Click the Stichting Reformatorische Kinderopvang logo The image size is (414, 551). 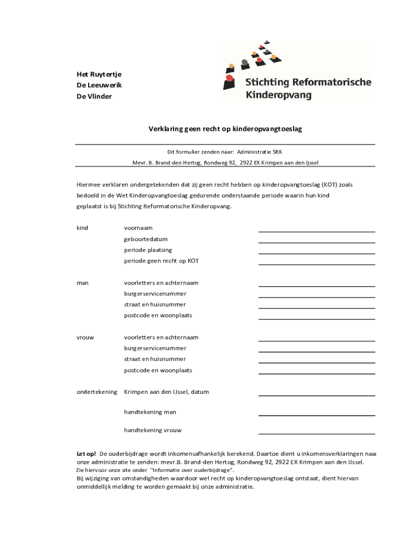pyautogui.click(x=298, y=71)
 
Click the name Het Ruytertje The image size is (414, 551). pyautogui.click(x=99, y=74)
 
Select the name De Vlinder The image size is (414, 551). pyautogui.click(x=95, y=97)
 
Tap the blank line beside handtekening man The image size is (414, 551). pyautogui.click(x=317, y=415)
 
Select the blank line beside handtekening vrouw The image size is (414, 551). pyautogui.click(x=317, y=433)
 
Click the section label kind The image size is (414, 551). pyautogui.click(x=82, y=228)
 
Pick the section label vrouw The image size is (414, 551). pyautogui.click(x=85, y=337)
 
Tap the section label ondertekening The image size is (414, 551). pyautogui.click(x=97, y=392)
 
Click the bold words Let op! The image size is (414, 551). pyautogui.click(x=86, y=454)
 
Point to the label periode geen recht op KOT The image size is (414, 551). pyautogui.click(x=161, y=261)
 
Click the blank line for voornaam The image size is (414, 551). pyautogui.click(x=317, y=231)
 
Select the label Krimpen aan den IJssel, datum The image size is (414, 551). pyautogui.click(x=166, y=392)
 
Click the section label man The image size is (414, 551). pyautogui.click(x=83, y=283)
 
